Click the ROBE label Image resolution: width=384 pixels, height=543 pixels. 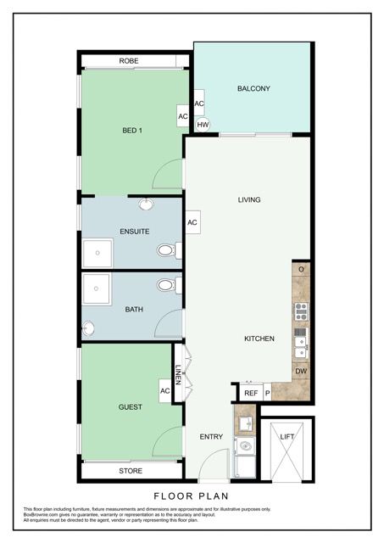tap(129, 61)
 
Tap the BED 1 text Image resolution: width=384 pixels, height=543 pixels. tap(131, 130)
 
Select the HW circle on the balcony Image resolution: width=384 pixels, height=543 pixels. tap(203, 125)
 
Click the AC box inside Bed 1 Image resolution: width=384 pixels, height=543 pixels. tap(182, 116)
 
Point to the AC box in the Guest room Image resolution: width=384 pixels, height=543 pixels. tap(165, 391)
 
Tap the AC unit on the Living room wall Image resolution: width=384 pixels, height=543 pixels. tap(192, 222)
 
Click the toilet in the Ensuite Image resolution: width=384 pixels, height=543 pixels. tap(167, 250)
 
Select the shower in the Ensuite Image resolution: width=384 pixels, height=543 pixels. tap(97, 253)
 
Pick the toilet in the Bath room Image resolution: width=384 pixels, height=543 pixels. tap(167, 285)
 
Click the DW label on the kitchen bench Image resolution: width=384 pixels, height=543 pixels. tap(301, 372)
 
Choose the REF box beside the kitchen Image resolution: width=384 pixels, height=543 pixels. tap(251, 393)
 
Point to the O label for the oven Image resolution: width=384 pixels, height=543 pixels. tap(302, 270)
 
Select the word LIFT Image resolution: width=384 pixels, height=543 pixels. tap(287, 436)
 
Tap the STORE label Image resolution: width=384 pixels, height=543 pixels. tap(131, 471)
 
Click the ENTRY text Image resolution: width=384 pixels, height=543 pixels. tap(211, 437)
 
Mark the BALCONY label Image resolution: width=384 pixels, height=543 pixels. tap(253, 88)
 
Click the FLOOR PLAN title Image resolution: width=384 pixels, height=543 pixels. tap(192, 495)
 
